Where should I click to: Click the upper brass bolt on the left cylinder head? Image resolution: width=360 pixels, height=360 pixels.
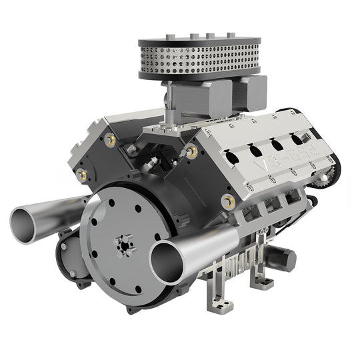[x=110, y=140]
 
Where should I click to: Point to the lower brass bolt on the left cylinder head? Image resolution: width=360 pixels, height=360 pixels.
[x=82, y=175]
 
